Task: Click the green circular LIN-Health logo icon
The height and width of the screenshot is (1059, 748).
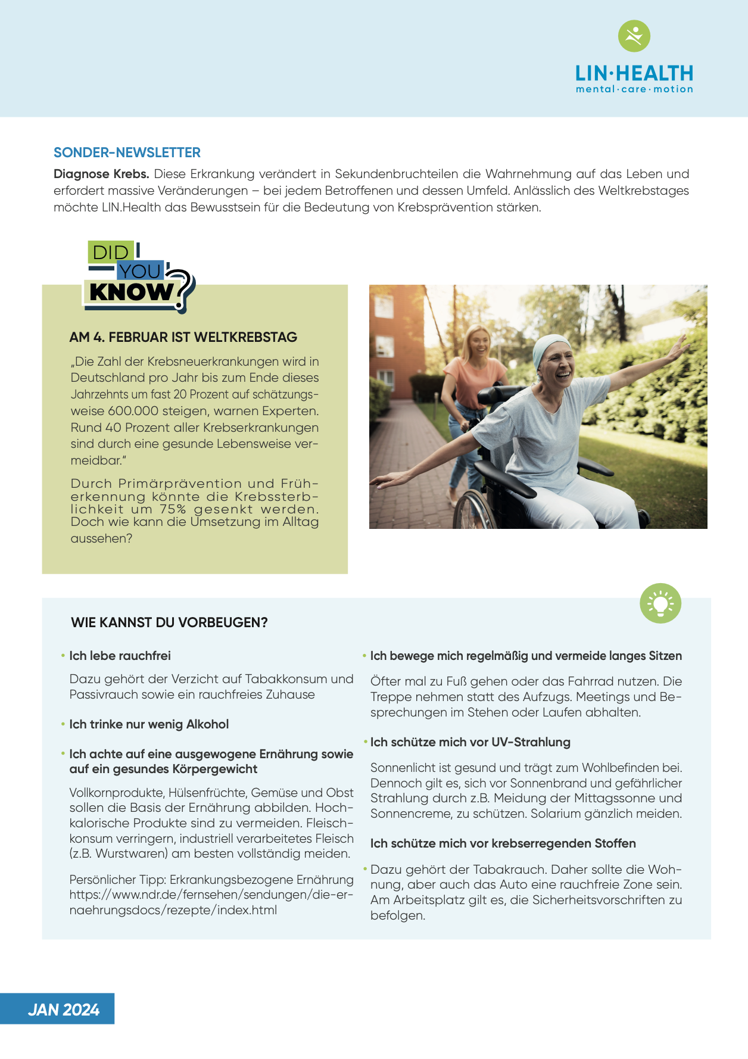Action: [x=634, y=36]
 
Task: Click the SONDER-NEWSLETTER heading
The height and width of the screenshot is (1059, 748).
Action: [x=127, y=152]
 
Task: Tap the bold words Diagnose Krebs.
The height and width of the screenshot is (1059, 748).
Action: [x=101, y=174]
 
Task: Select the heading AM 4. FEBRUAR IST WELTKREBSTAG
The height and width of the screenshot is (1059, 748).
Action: [x=183, y=337]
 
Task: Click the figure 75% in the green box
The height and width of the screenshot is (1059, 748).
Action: [x=173, y=509]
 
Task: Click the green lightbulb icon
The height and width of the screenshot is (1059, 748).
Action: [x=660, y=603]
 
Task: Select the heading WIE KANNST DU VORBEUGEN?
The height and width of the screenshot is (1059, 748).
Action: [x=169, y=622]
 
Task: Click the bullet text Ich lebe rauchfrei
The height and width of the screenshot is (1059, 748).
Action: [x=120, y=656]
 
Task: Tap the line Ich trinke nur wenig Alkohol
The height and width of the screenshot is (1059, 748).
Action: [x=149, y=724]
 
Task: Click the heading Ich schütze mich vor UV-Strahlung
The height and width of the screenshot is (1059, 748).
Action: [x=470, y=742]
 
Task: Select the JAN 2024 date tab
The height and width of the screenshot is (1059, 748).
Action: [x=63, y=1010]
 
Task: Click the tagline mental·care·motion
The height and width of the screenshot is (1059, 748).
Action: [x=634, y=89]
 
